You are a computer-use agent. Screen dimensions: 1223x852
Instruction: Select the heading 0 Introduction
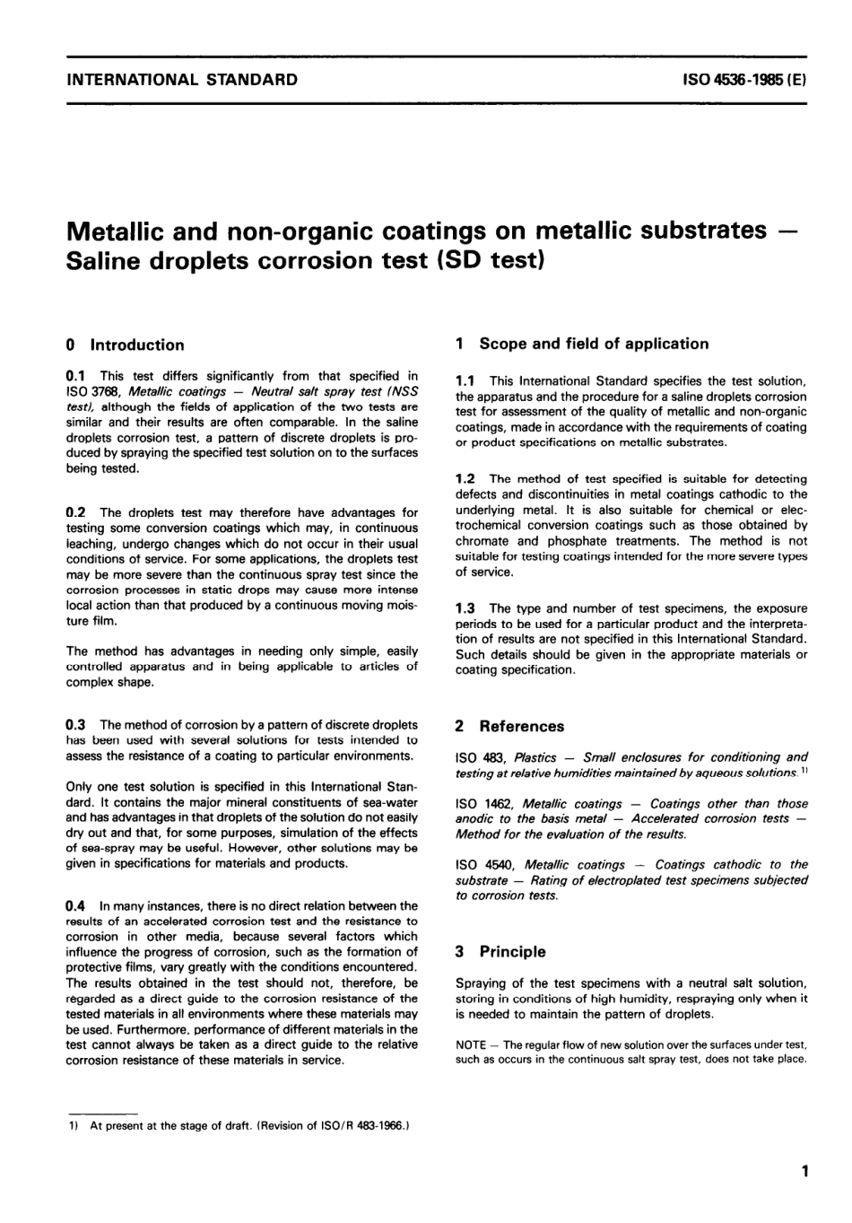click(x=126, y=345)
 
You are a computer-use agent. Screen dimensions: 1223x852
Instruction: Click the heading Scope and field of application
click(x=593, y=344)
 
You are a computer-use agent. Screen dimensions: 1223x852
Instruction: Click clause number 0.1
click(x=75, y=376)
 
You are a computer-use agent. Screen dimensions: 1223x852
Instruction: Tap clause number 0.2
click(x=75, y=512)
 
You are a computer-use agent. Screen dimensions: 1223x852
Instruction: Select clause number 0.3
click(x=75, y=724)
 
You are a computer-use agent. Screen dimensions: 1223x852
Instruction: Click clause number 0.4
click(x=75, y=906)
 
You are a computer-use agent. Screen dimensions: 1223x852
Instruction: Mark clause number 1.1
click(x=465, y=381)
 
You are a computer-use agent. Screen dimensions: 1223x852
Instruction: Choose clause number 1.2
click(x=465, y=478)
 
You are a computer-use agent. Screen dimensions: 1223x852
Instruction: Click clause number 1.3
click(x=465, y=608)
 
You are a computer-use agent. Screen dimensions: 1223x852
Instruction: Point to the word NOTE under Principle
click(x=471, y=1044)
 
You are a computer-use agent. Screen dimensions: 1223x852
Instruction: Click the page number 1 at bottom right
click(x=805, y=1170)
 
